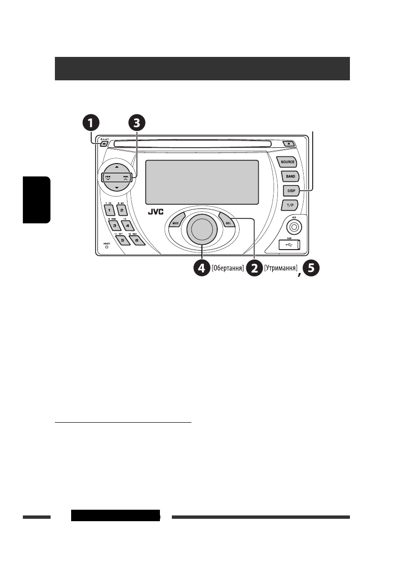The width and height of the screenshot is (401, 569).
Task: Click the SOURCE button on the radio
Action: point(287,162)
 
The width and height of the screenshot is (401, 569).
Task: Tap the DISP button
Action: point(290,191)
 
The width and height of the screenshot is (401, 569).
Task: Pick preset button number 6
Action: point(136,241)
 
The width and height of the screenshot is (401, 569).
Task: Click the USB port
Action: point(289,245)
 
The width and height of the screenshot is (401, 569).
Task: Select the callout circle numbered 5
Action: point(311,269)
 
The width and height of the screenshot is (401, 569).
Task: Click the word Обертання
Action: point(228,269)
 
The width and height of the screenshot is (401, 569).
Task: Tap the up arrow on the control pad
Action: point(116,167)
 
